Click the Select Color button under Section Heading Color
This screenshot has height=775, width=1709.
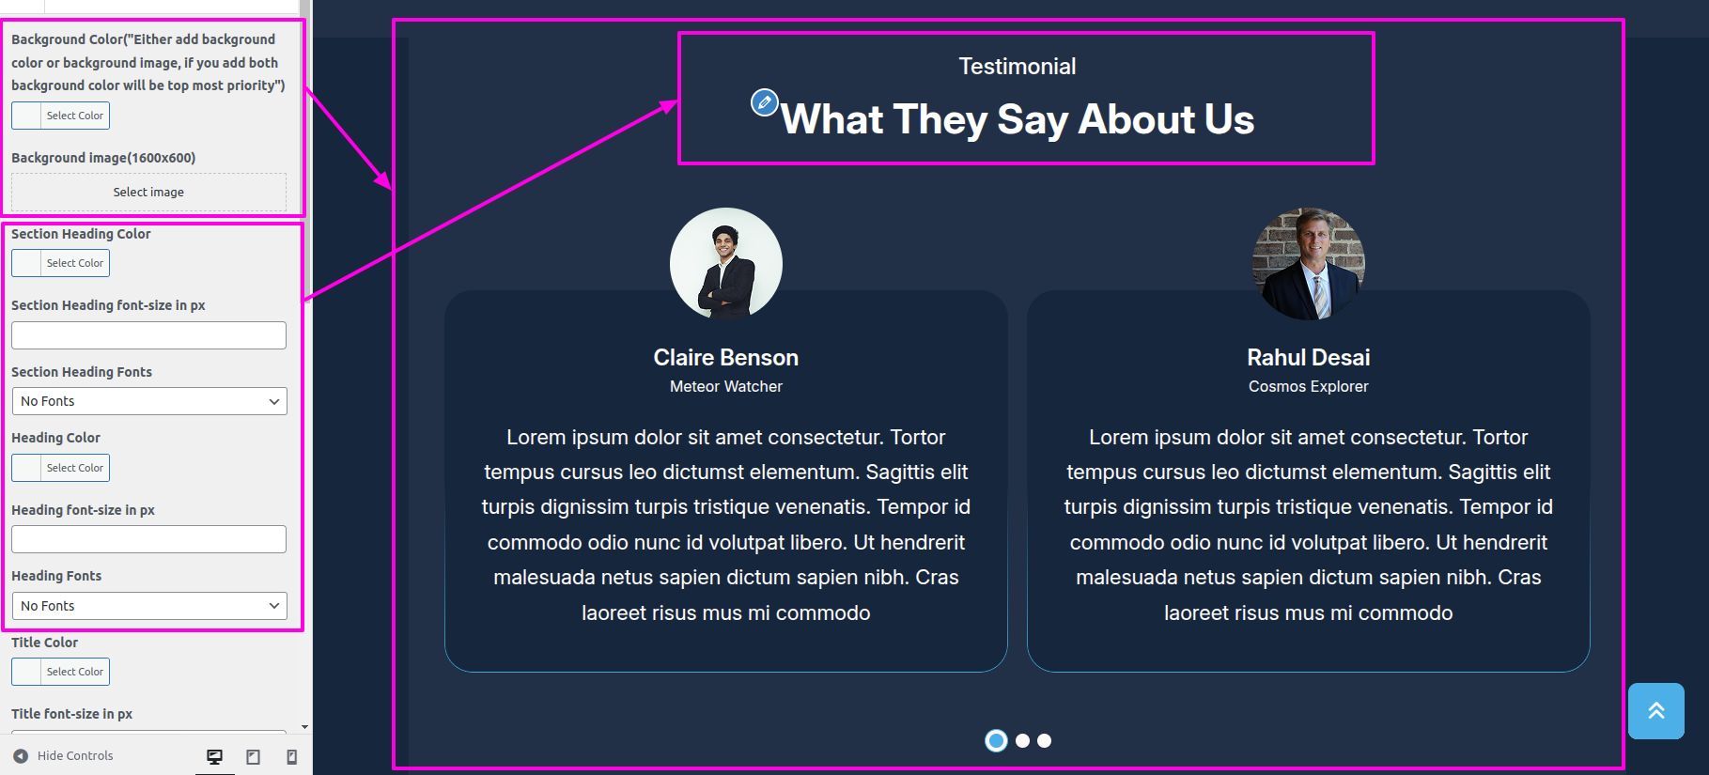click(60, 263)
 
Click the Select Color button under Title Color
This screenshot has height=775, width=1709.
click(60, 672)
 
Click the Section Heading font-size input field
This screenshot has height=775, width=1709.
click(148, 335)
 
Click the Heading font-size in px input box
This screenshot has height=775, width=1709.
click(148, 539)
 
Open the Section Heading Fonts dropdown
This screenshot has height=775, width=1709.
click(148, 401)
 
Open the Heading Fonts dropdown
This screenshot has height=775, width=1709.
click(148, 606)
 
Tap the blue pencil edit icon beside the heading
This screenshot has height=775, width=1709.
click(765, 101)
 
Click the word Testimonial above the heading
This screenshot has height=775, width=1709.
click(1018, 67)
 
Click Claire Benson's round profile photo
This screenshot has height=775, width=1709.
click(726, 264)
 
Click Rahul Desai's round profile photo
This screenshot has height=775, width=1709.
click(1309, 264)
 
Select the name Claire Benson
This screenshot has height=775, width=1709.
click(726, 358)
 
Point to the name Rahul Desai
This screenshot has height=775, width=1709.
click(1309, 358)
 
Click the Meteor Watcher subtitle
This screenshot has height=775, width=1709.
click(726, 386)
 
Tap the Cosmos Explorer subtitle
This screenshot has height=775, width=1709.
click(1309, 386)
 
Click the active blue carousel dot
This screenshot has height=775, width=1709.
click(996, 740)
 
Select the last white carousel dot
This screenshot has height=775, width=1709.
click(1044, 740)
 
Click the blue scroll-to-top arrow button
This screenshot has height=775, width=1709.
click(1656, 711)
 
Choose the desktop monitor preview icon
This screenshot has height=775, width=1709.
click(215, 756)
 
